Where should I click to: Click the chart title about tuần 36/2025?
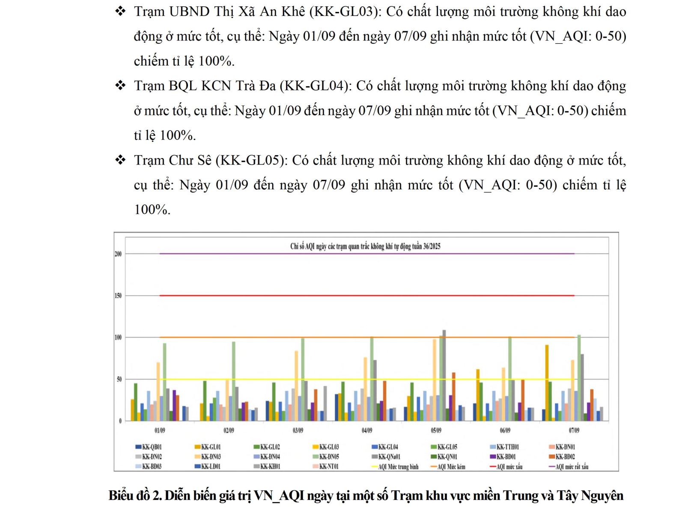click(365, 246)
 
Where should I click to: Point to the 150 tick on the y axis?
click(118, 296)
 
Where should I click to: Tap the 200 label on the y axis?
click(118, 254)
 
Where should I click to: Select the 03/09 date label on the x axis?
click(298, 430)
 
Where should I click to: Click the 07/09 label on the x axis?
click(574, 430)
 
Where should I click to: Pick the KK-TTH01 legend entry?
click(507, 447)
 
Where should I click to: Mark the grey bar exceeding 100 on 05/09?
click(444, 375)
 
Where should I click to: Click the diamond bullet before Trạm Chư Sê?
click(121, 160)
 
